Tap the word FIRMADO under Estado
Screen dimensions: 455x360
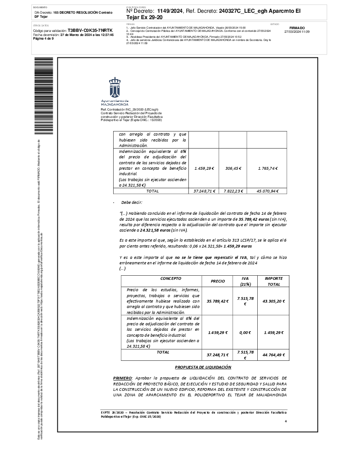point(297,28)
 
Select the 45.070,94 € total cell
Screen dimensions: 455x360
point(268,191)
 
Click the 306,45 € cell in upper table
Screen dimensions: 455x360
point(233,168)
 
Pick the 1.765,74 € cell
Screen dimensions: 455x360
point(268,168)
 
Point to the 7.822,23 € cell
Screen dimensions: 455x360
point(233,191)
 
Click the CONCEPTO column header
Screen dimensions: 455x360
point(158,278)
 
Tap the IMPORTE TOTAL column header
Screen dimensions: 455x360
point(274,281)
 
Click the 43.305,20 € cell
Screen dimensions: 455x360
point(274,301)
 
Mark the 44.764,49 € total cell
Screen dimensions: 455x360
point(274,355)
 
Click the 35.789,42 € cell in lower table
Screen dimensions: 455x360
point(217,301)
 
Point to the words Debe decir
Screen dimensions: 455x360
point(131,202)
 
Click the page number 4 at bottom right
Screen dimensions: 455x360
point(285,421)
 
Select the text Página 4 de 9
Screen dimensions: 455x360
point(44,39)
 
